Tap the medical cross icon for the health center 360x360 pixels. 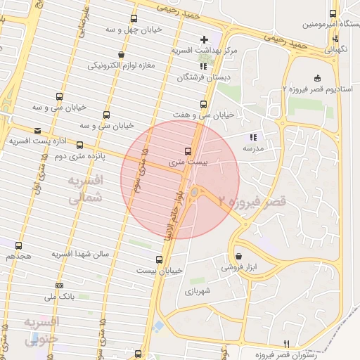[x=204, y=39]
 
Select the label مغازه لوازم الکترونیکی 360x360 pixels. [x=122, y=65]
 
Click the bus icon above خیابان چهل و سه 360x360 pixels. [x=134, y=18]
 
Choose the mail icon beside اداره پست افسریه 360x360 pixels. [x=37, y=130]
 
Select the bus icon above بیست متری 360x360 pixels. [x=188, y=150]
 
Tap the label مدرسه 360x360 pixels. [x=253, y=149]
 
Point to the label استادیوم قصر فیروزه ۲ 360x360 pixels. [x=316, y=89]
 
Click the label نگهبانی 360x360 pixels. [x=336, y=50]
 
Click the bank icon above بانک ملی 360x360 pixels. [x=59, y=285]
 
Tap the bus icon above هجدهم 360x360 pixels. [x=18, y=245]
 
